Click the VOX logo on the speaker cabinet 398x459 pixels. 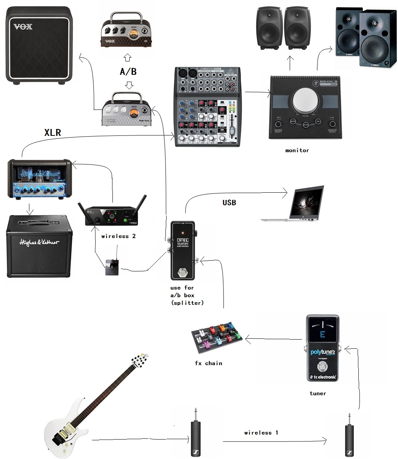23,27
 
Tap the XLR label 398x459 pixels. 53,132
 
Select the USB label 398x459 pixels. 229,202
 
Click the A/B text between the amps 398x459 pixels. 128,71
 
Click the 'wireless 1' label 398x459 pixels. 261,433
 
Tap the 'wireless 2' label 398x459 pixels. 118,236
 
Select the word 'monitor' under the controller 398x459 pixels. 297,150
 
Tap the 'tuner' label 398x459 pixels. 318,393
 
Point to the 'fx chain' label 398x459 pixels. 209,363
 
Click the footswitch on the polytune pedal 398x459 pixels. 323,367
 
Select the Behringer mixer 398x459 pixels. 208,107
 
